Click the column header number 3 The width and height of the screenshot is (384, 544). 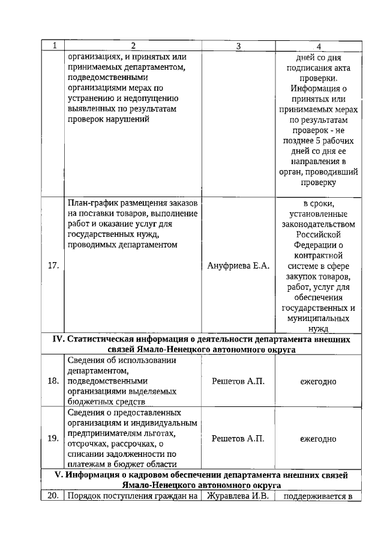click(x=238, y=46)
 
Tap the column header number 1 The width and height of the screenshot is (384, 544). click(x=53, y=46)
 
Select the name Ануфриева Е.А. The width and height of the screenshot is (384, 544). click(x=238, y=266)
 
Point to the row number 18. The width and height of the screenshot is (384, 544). click(x=53, y=381)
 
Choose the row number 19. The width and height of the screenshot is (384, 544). click(x=53, y=438)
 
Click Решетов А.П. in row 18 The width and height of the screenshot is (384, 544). click(x=238, y=381)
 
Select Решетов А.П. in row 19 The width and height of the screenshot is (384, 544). click(x=238, y=438)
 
